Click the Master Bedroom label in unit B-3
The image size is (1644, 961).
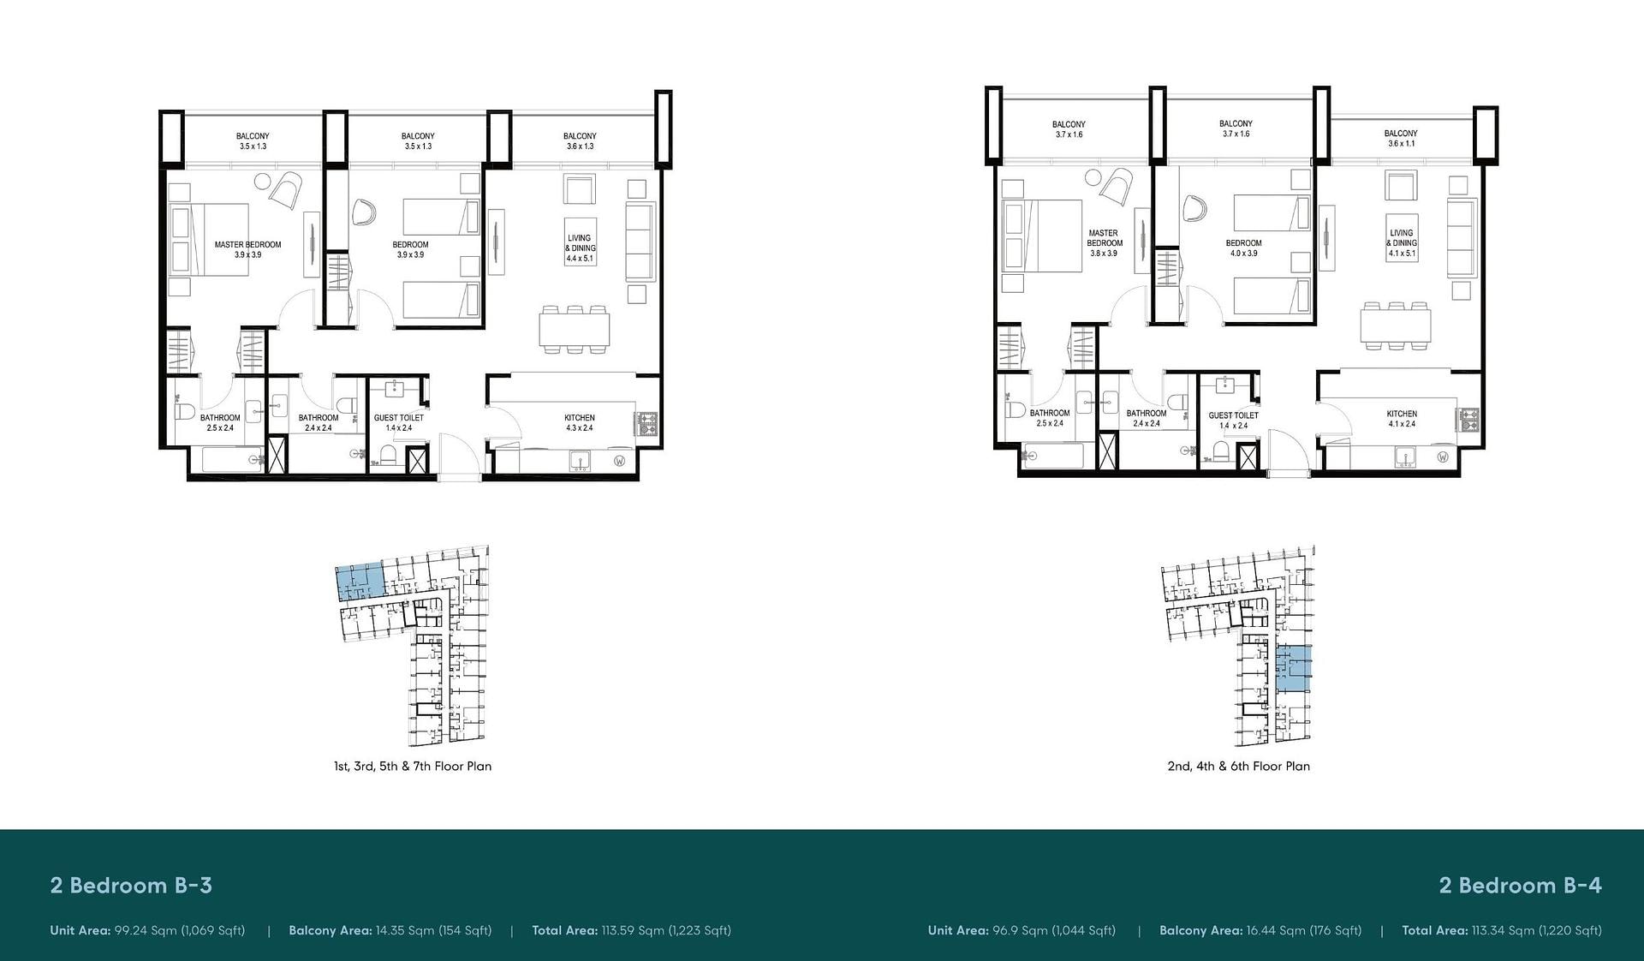[x=247, y=249]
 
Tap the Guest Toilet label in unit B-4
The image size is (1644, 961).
[x=1233, y=420]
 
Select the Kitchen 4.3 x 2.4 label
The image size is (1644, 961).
[x=580, y=423]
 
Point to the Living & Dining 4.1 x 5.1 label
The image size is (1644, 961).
[x=1402, y=243]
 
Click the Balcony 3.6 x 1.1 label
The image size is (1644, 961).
[x=1401, y=138]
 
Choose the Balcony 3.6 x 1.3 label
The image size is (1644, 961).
[x=580, y=141]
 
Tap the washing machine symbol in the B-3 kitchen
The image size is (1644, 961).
[x=619, y=461]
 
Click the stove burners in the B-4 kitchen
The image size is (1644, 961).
[x=1471, y=420]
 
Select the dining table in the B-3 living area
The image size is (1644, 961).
[x=575, y=330]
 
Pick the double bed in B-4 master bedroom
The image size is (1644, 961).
[x=1041, y=236]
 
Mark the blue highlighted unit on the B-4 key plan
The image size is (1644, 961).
[x=1293, y=669]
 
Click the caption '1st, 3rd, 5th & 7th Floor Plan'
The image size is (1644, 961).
[x=413, y=767]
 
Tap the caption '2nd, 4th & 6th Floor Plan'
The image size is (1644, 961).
[x=1238, y=767]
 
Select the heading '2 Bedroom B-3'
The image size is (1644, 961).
[x=131, y=886]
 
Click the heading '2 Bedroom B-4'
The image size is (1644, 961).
[x=1520, y=886]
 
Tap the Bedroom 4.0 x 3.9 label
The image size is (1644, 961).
[x=1243, y=248]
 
